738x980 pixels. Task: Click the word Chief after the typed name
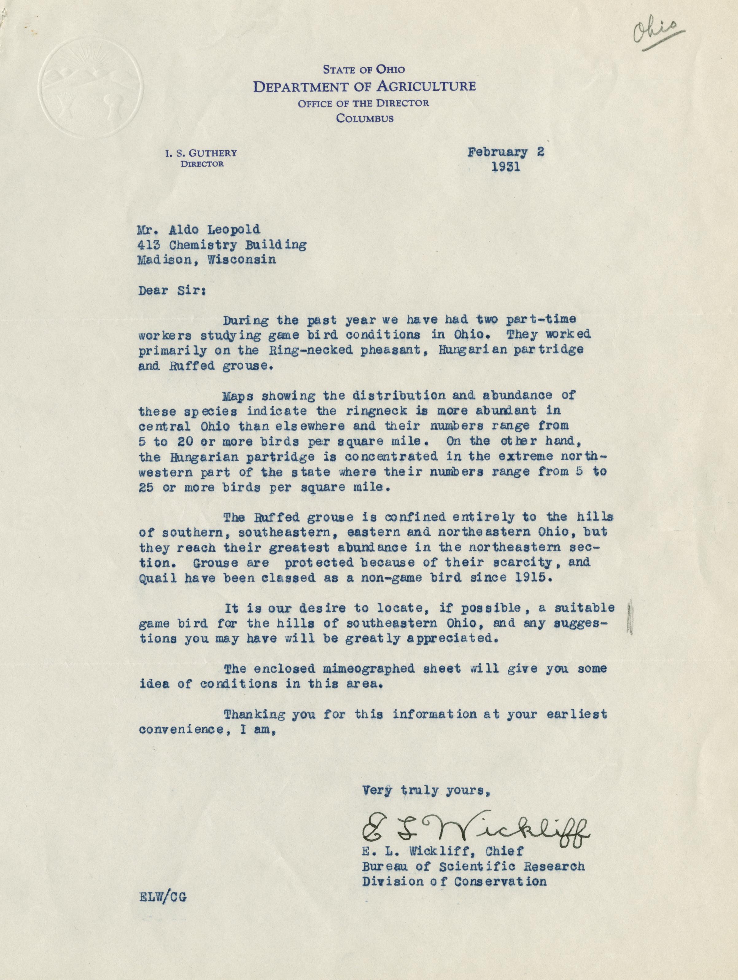(505, 851)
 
